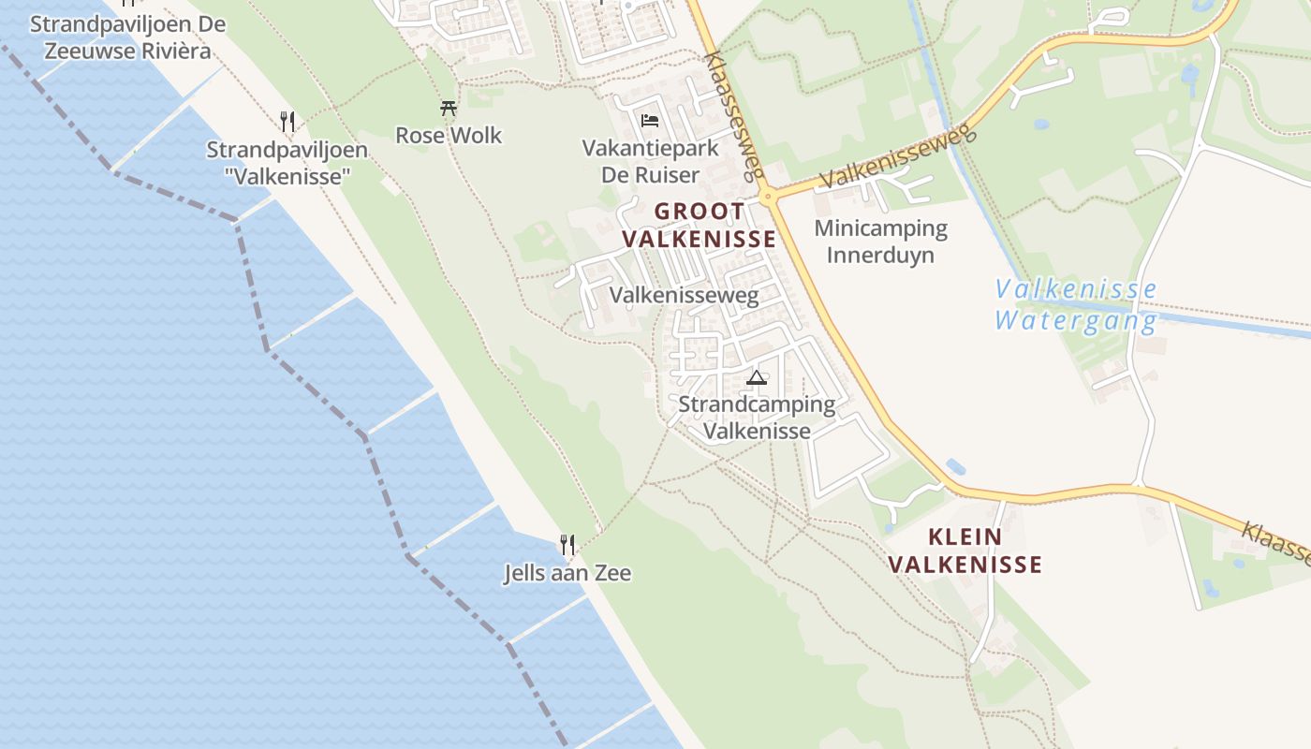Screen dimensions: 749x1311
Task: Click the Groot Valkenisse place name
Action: pyautogui.click(x=699, y=226)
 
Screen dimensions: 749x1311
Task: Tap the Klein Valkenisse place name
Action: pyautogui.click(x=965, y=551)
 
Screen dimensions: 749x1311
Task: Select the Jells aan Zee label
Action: pyautogui.click(x=567, y=573)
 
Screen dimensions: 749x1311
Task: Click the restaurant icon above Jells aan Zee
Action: pyautogui.click(x=567, y=544)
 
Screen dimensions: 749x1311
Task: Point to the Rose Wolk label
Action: pyautogui.click(x=449, y=136)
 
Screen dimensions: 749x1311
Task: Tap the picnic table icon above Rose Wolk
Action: pyautogui.click(x=449, y=109)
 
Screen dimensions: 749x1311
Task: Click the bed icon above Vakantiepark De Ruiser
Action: pyautogui.click(x=650, y=121)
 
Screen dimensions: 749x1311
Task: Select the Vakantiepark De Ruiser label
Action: pyautogui.click(x=650, y=161)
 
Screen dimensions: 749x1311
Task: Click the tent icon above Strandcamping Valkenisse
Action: pyautogui.click(x=757, y=378)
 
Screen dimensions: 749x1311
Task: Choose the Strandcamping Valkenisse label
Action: pyautogui.click(x=757, y=418)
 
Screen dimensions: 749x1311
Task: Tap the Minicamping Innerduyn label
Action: pyautogui.click(x=880, y=242)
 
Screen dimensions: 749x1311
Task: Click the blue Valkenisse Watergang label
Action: pyautogui.click(x=1076, y=305)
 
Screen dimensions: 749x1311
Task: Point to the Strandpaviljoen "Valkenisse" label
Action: pyautogui.click(x=287, y=162)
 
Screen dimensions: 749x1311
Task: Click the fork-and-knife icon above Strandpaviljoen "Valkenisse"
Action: pyautogui.click(x=287, y=121)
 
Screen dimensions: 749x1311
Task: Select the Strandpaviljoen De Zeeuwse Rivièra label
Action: pyautogui.click(x=127, y=37)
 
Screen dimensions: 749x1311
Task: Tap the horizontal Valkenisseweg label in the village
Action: pyautogui.click(x=684, y=296)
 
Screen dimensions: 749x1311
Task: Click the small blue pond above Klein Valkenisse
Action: pyautogui.click(x=955, y=465)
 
